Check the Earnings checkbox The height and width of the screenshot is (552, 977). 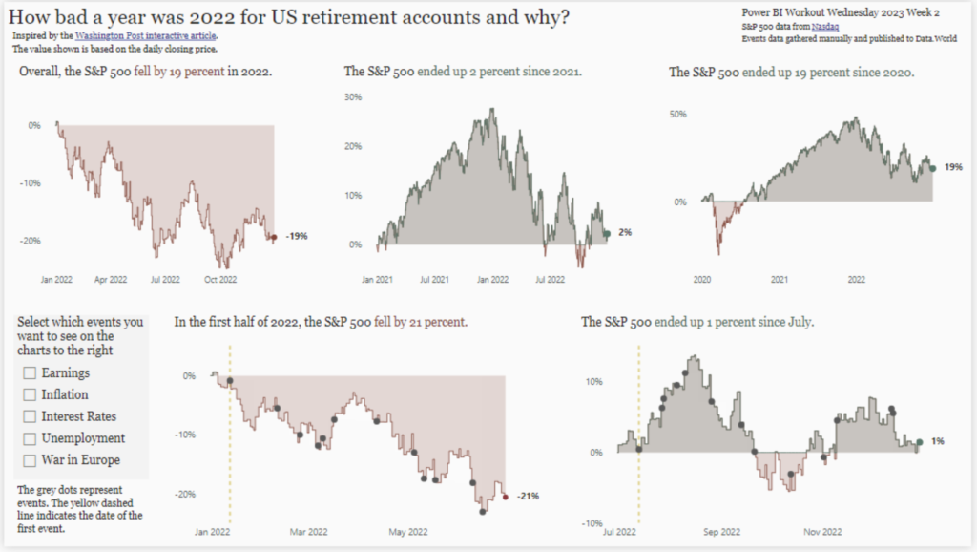(30, 372)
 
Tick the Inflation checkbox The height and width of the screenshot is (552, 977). (30, 394)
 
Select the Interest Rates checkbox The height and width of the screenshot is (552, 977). (30, 416)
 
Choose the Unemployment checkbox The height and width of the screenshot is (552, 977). (30, 438)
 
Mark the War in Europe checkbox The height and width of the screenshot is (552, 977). (30, 460)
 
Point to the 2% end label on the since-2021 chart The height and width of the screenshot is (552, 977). (625, 232)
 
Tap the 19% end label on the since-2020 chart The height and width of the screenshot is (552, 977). (952, 167)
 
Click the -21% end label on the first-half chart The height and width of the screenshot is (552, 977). (528, 497)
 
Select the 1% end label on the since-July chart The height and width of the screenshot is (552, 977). (938, 441)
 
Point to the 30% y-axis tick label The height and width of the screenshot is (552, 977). (353, 97)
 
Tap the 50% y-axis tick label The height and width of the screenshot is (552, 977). (677, 115)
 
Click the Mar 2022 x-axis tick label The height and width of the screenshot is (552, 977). (308, 532)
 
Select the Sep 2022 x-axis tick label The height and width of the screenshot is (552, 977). (721, 532)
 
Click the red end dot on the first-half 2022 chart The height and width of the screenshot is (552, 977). (506, 496)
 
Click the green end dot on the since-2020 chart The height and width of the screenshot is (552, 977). (932, 167)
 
